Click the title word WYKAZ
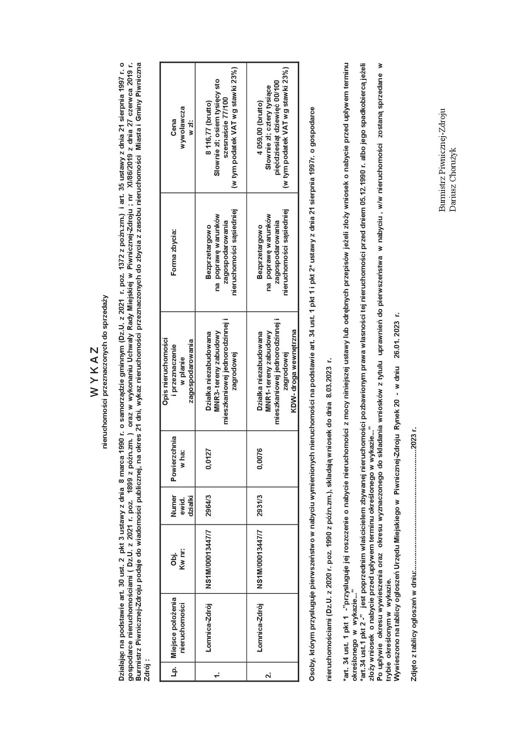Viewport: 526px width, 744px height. pyautogui.click(x=94, y=372)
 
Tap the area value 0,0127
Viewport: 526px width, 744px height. pyautogui.click(x=209, y=459)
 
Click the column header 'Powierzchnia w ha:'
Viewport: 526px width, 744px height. pyautogui.click(x=178, y=459)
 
